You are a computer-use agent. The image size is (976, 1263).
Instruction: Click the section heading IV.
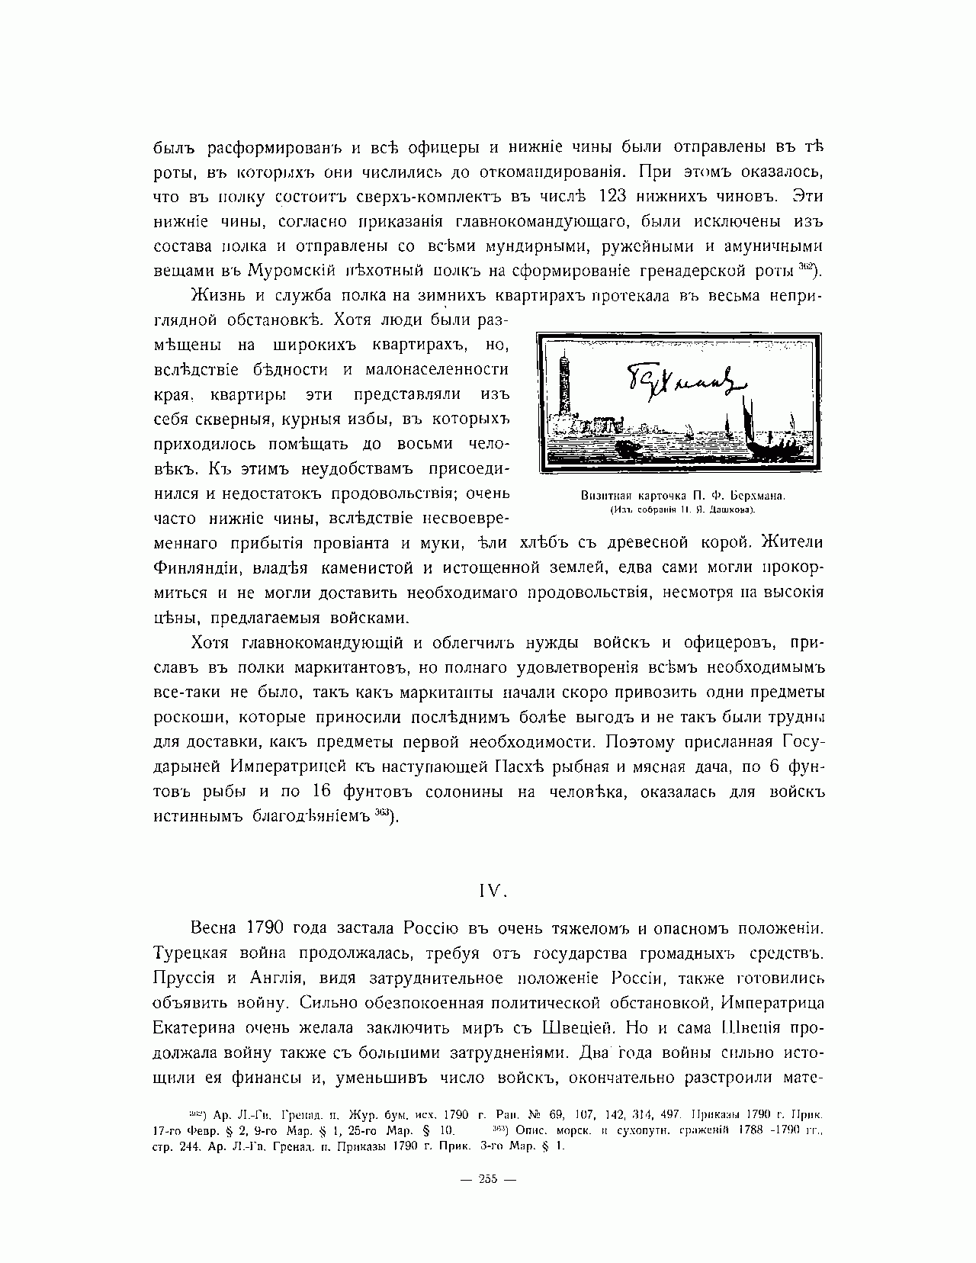[x=488, y=890]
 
